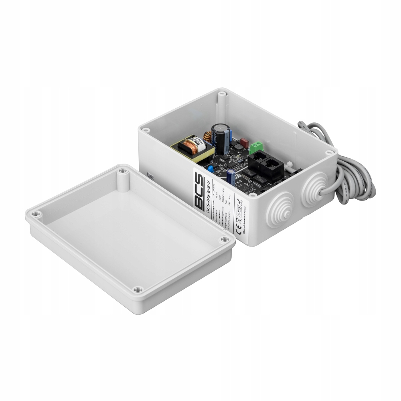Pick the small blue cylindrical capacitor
pyautogui.click(x=231, y=177)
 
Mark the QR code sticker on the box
pyautogui.click(x=150, y=176)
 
